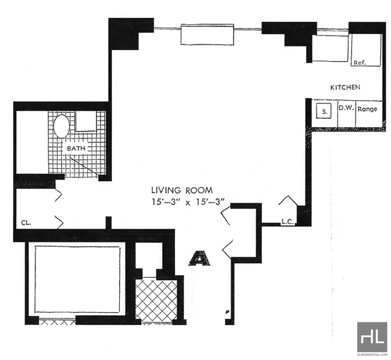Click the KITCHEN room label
click(x=345, y=87)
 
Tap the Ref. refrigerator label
click(x=360, y=63)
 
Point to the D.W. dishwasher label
click(x=346, y=108)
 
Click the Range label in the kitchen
click(x=368, y=109)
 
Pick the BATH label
click(x=76, y=148)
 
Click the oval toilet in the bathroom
click(x=62, y=126)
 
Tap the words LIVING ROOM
click(x=182, y=191)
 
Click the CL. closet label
click(x=26, y=223)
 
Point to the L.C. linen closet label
click(x=288, y=221)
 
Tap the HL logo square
click(x=372, y=338)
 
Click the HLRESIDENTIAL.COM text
click(x=372, y=354)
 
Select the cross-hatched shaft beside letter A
click(x=156, y=300)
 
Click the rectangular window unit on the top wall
click(x=207, y=34)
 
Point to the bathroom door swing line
click(x=84, y=167)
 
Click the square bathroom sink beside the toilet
click(x=86, y=121)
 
